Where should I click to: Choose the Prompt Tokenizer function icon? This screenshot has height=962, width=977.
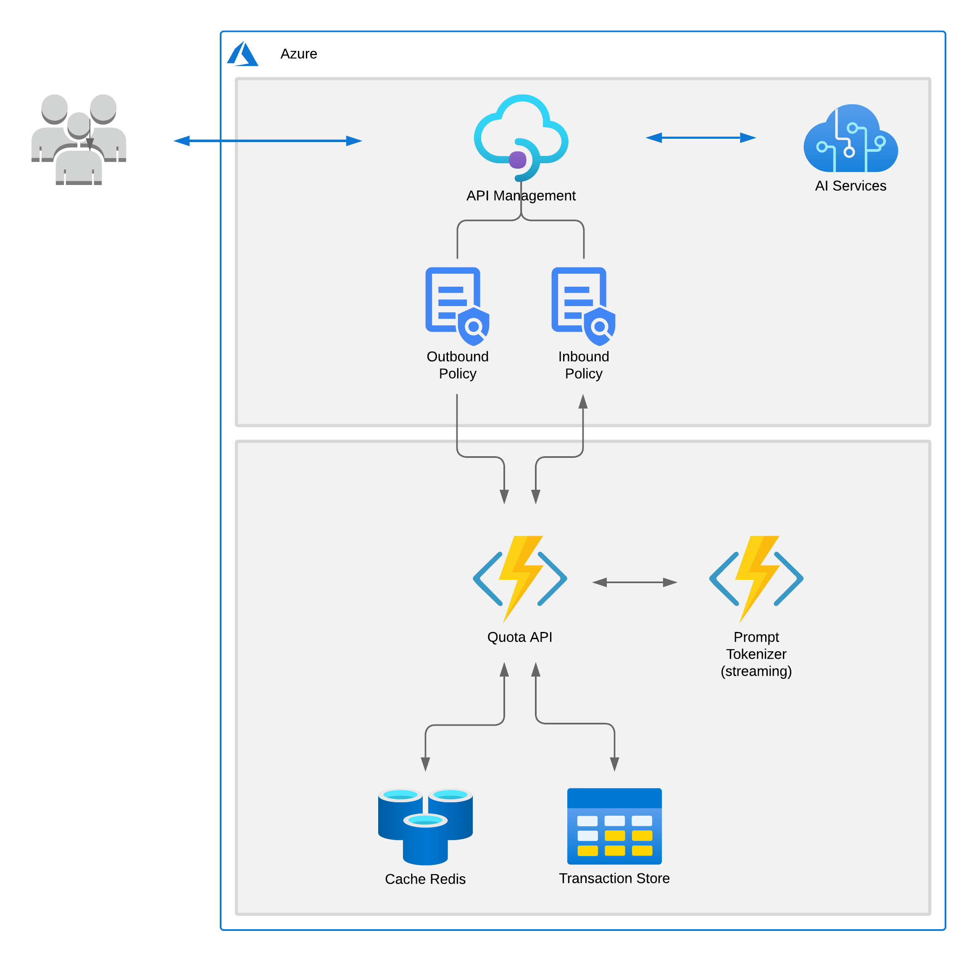click(x=756, y=579)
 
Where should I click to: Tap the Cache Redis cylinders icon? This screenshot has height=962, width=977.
click(x=425, y=826)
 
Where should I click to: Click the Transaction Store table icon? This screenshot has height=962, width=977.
click(x=614, y=826)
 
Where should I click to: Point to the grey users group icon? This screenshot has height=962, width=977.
click(x=79, y=138)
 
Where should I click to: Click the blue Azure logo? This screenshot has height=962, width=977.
click(x=243, y=54)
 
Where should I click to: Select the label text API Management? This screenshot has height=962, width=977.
click(x=521, y=196)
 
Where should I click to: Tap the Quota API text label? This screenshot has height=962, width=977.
click(x=519, y=637)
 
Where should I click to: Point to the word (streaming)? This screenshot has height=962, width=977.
click(x=756, y=671)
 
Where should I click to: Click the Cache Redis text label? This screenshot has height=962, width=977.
click(x=425, y=879)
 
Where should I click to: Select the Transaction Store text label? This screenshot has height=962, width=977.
click(x=614, y=878)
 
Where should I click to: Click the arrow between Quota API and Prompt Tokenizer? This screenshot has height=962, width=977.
click(x=634, y=583)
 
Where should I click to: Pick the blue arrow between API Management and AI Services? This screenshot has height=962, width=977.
click(x=700, y=137)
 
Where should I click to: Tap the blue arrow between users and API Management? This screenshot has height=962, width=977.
click(x=268, y=141)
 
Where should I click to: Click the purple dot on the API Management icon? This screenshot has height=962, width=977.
click(x=518, y=160)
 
